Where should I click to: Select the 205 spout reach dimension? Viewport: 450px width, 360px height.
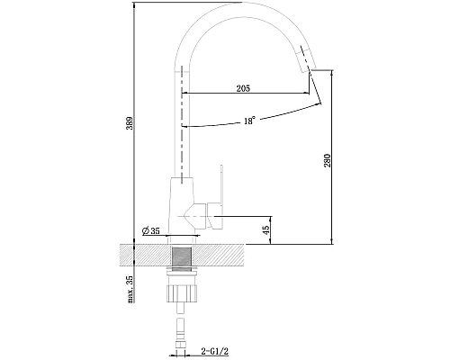click(242, 87)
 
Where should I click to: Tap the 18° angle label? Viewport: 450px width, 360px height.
click(248, 121)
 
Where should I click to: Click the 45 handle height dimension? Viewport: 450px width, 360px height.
click(265, 230)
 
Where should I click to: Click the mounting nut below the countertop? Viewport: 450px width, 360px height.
click(183, 290)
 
